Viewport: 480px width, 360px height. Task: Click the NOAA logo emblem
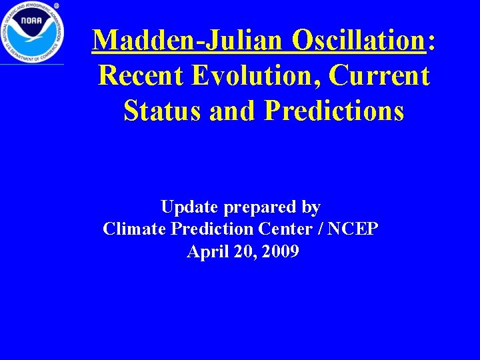(x=32, y=32)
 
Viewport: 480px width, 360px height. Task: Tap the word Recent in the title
(x=140, y=76)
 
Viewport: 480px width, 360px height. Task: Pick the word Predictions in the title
(x=334, y=111)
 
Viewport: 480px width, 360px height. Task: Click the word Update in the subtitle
(x=190, y=207)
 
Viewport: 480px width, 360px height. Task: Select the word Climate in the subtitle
(x=135, y=229)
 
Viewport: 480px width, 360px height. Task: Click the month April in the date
(x=206, y=252)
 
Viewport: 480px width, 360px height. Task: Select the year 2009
(x=281, y=252)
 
